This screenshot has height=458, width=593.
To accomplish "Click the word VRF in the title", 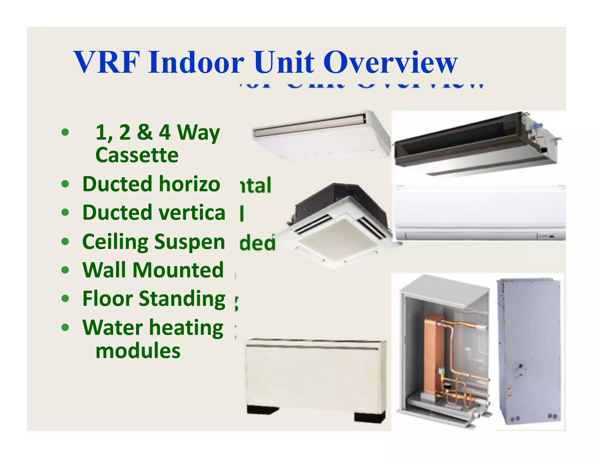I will coord(106,62).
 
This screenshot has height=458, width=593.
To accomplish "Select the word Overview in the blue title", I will coord(390,62).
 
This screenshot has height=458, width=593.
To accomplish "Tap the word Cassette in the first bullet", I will coord(137,155).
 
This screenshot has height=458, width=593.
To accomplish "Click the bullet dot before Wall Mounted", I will coord(65,270).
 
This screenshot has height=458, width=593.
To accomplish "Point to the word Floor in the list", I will coord(107,298).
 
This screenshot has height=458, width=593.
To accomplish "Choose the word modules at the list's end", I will coord(138,351).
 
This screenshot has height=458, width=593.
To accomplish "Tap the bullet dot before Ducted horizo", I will coord(65,184).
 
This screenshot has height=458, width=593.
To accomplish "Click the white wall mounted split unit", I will coord(480,213).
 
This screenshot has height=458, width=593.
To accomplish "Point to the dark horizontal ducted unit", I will coord(475,143).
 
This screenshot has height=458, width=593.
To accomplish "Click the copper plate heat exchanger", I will coord(433,356).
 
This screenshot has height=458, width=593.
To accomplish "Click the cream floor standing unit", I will coord(316,376).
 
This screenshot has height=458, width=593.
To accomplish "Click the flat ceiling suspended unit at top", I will coord(321,135).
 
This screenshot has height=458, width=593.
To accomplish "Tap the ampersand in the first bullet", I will coord(144,132).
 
